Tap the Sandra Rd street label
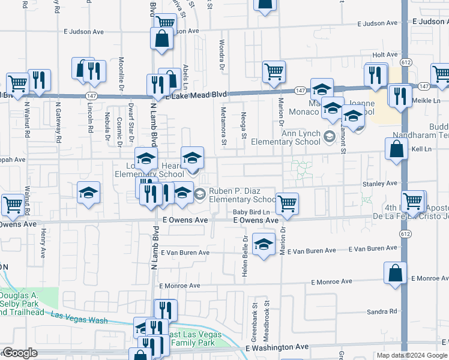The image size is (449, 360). click(384, 311)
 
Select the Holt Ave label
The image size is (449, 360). click(385, 55)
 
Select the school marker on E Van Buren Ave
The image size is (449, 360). click(263, 245)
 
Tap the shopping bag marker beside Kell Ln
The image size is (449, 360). click(397, 149)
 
